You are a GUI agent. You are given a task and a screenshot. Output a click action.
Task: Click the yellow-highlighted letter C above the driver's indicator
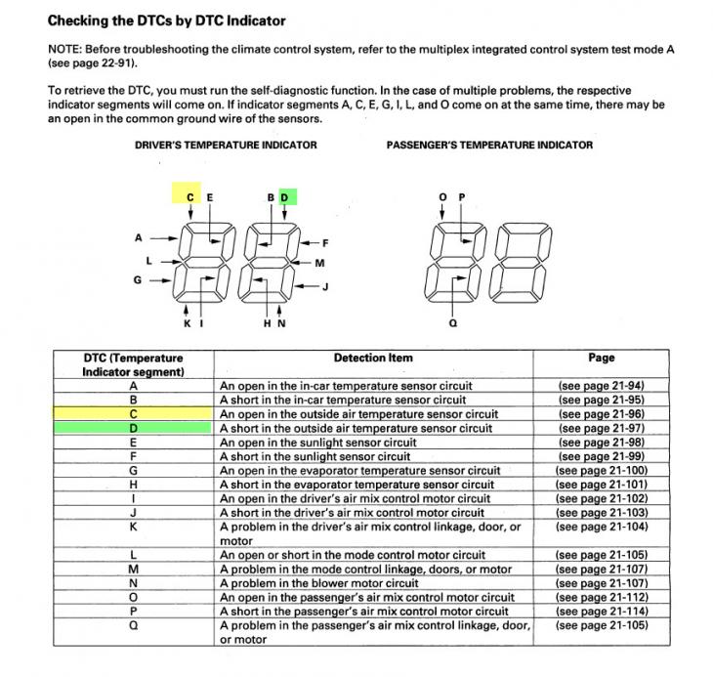(x=190, y=197)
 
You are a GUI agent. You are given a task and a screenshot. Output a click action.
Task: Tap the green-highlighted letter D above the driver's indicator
(x=284, y=197)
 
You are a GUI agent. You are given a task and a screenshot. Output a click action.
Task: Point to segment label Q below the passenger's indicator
(x=453, y=323)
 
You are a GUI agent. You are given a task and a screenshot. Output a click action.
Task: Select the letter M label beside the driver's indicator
(x=319, y=263)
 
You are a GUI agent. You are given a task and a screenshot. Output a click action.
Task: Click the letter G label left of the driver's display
(x=138, y=280)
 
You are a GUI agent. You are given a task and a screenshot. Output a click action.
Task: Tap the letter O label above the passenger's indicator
(x=442, y=197)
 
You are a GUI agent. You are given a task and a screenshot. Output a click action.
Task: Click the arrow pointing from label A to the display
(x=164, y=238)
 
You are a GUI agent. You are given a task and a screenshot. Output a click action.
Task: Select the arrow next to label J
(x=307, y=286)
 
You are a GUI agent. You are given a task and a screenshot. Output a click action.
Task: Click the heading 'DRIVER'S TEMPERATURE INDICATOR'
(x=226, y=145)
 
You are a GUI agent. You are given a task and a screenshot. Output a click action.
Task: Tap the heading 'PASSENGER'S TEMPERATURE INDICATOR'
(x=489, y=145)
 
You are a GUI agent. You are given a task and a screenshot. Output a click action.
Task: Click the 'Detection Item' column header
(x=373, y=358)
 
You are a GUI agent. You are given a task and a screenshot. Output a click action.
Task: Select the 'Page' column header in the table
(x=601, y=358)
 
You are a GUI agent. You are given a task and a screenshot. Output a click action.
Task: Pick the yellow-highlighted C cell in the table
(x=133, y=414)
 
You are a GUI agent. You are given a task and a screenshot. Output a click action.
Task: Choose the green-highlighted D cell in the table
(x=133, y=428)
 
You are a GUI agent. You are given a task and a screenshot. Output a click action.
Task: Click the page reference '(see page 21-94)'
(x=601, y=386)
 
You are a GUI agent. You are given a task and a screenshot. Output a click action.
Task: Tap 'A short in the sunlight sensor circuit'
(x=315, y=456)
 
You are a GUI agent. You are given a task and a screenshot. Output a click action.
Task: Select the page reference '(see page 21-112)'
(x=601, y=598)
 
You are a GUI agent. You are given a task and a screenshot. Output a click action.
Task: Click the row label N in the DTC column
(x=133, y=583)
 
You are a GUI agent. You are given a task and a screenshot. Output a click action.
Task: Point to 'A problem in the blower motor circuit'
(x=318, y=583)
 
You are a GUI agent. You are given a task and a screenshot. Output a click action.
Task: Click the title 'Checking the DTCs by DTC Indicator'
(x=166, y=21)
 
